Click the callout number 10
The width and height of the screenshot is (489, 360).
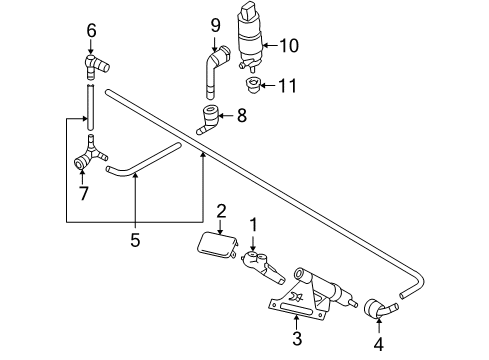[289, 46]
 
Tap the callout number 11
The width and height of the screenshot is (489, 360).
[287, 86]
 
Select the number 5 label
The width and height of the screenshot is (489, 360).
[135, 240]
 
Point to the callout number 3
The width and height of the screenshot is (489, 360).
[297, 338]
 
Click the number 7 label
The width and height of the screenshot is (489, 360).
[83, 193]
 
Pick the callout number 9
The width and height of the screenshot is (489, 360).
[216, 25]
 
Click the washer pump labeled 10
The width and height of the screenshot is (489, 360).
[250, 36]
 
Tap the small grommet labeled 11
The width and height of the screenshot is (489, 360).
[253, 86]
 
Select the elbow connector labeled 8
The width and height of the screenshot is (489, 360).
[208, 120]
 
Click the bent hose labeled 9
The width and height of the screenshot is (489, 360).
[214, 70]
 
